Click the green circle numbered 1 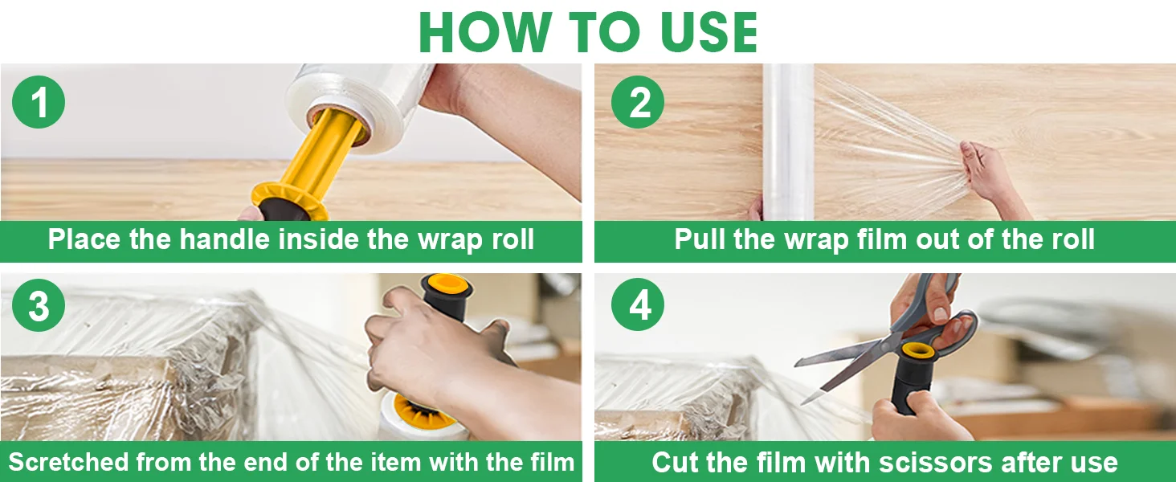(x=39, y=102)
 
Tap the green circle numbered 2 (x=637, y=102)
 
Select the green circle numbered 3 (x=39, y=305)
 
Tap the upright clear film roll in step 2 (x=787, y=141)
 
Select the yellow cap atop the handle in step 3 (x=446, y=286)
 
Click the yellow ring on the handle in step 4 (x=918, y=351)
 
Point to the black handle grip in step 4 (x=913, y=383)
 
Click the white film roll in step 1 (x=362, y=105)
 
